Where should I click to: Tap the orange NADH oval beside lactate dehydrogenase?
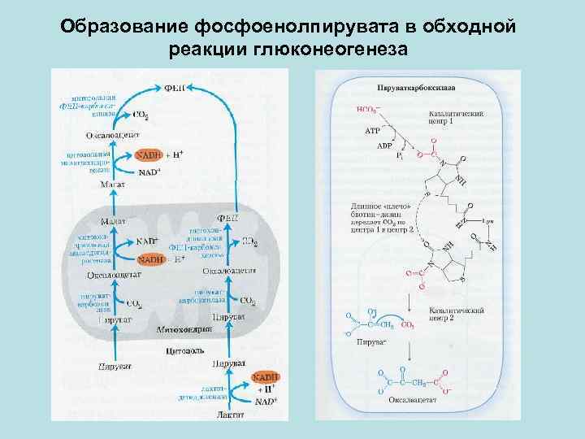pyautogui.click(x=265, y=378)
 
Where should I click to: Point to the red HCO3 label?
pyautogui.click(x=368, y=108)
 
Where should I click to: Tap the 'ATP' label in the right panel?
pyautogui.click(x=373, y=129)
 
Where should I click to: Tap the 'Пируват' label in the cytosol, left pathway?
pyautogui.click(x=116, y=367)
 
